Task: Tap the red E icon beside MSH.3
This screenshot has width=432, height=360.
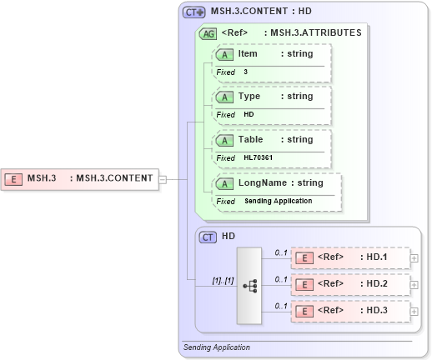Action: click(x=14, y=177)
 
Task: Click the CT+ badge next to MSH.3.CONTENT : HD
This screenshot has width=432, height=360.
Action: click(x=194, y=12)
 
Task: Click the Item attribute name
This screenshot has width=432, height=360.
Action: click(x=248, y=53)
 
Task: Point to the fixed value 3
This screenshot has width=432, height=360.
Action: click(x=246, y=72)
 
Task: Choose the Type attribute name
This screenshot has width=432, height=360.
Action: click(x=249, y=96)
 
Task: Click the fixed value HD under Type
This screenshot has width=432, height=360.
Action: click(x=249, y=114)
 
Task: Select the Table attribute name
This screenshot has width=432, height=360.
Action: click(x=250, y=139)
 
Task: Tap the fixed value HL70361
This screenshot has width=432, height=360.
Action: click(x=258, y=157)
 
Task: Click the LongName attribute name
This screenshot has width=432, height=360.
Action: click(x=262, y=182)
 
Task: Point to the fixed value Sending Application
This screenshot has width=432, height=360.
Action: click(x=278, y=201)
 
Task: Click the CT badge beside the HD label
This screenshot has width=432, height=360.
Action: click(x=209, y=237)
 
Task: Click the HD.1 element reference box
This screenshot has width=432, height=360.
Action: click(x=349, y=257)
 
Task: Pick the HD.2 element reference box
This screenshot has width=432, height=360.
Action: click(x=349, y=284)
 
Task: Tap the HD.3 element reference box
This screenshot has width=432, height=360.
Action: click(x=349, y=311)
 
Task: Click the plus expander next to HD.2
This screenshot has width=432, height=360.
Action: click(x=414, y=285)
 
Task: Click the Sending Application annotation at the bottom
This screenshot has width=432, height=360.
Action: click(x=217, y=347)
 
